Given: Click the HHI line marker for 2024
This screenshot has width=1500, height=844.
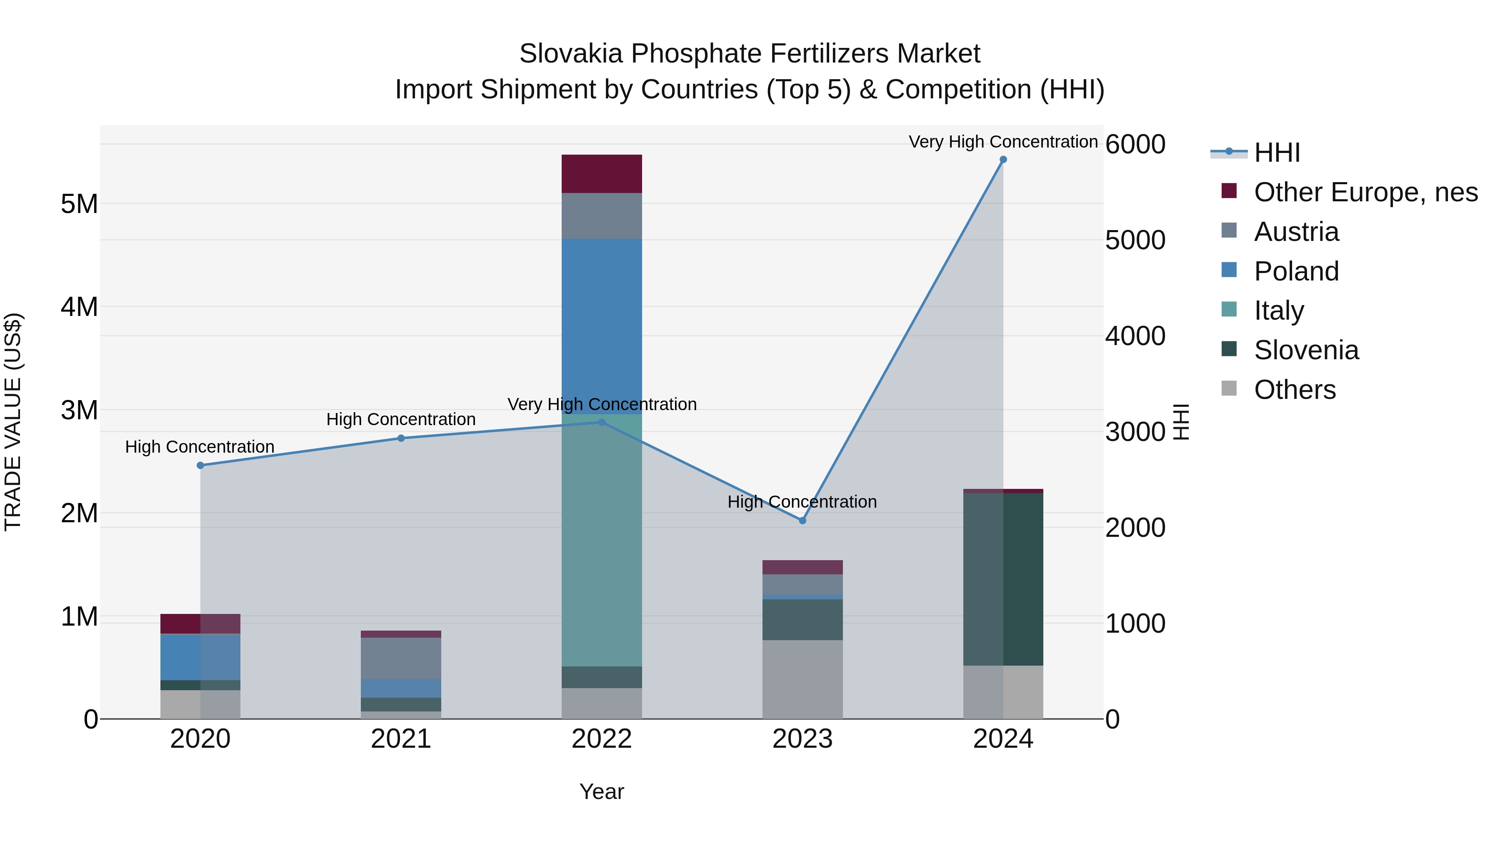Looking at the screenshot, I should coord(1003,160).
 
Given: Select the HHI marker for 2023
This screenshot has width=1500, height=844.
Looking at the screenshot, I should coord(802,520).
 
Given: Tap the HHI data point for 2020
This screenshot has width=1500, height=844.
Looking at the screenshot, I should coord(200,466).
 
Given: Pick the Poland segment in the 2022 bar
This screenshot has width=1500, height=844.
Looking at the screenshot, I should coord(602,326).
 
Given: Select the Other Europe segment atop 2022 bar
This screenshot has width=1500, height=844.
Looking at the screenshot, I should coord(602,173).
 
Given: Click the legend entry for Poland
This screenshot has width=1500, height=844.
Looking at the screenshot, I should coord(1296,271).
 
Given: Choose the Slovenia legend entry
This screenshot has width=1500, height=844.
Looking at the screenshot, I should coord(1306,351).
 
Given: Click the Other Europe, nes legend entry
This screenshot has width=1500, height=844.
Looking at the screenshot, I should coord(1365,192).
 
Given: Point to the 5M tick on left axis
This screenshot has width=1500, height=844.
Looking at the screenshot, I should coord(79,204).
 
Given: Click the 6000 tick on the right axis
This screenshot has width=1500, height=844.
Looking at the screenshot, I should coord(1135,145).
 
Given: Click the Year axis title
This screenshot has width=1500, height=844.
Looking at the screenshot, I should coord(602,791).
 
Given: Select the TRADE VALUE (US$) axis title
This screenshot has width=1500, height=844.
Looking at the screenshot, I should coord(13,422).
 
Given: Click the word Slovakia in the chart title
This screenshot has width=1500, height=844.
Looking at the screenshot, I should coord(572,54).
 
